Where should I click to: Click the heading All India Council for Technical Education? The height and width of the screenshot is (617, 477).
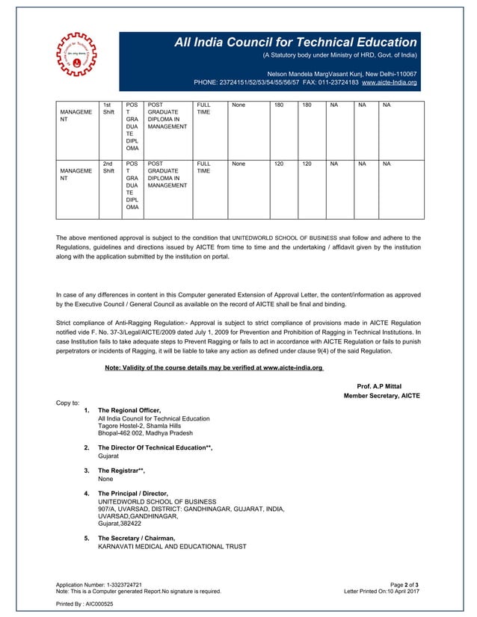[x=295, y=43]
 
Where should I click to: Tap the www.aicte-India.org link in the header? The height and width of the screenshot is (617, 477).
[x=389, y=82]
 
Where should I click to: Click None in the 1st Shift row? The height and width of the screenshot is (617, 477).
[x=239, y=105]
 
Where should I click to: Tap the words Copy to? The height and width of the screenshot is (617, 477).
[x=67, y=403]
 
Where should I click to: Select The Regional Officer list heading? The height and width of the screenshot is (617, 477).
[x=129, y=411]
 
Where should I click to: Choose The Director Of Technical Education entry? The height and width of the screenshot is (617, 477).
[x=155, y=447]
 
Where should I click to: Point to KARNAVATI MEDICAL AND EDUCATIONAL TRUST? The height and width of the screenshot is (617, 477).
[x=172, y=547]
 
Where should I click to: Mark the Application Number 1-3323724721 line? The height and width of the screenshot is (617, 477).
[x=99, y=584]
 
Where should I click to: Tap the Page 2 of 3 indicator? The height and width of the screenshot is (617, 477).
[x=404, y=584]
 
